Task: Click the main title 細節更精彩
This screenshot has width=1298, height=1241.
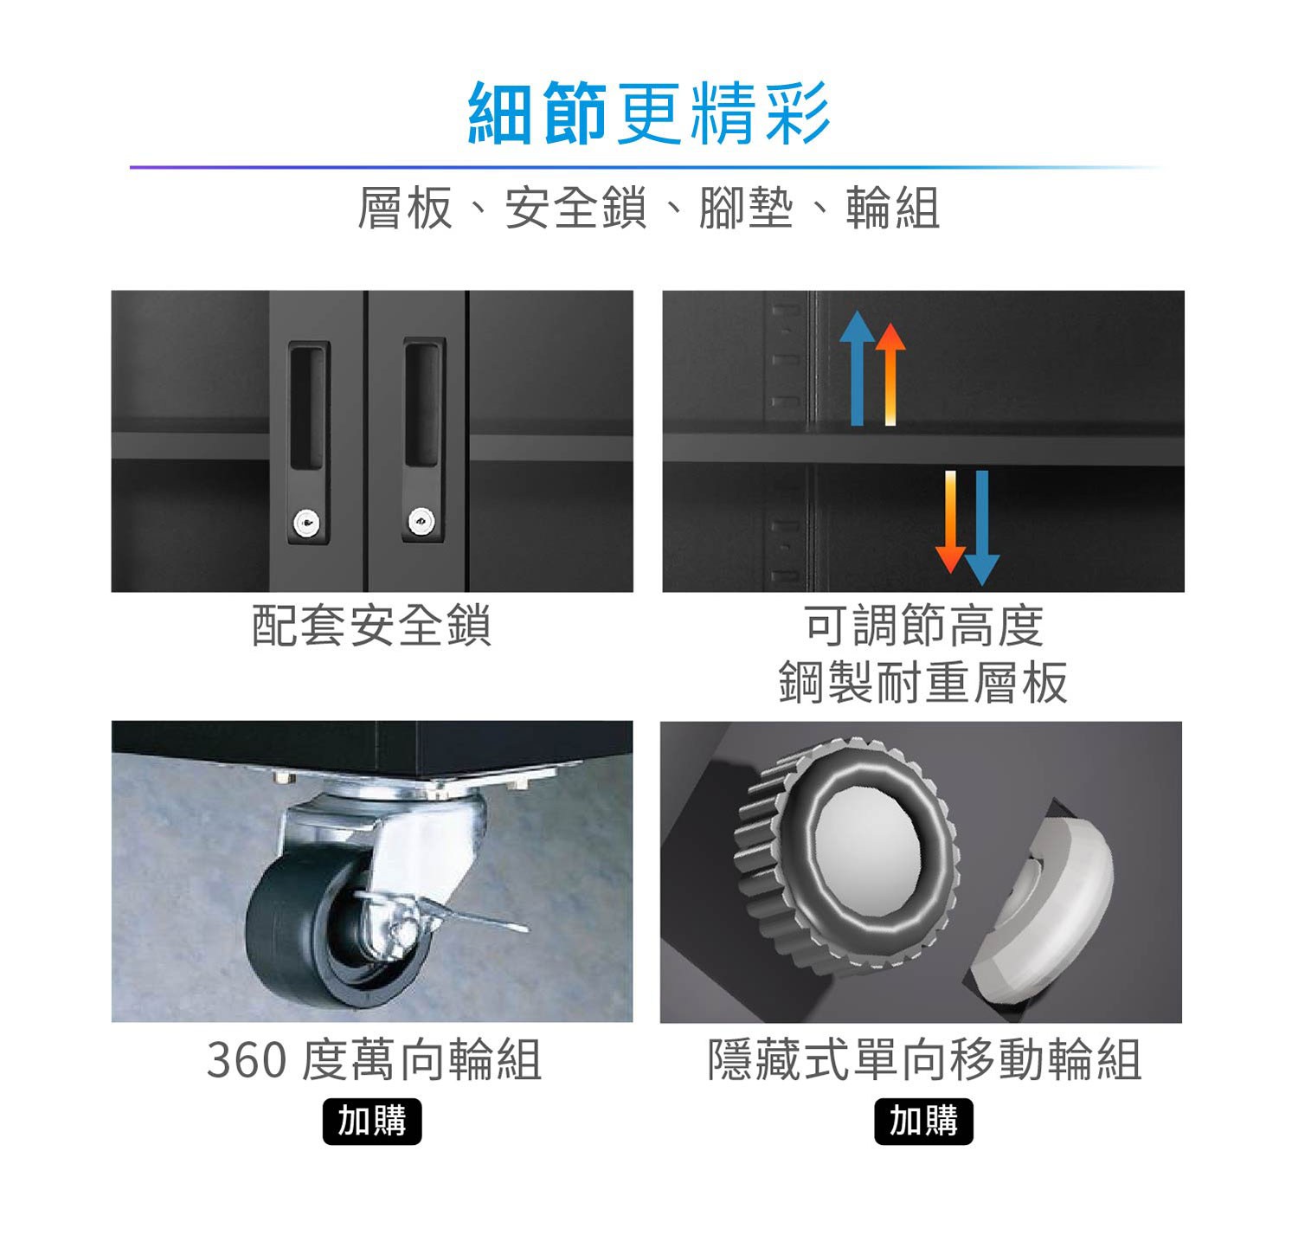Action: [649, 113]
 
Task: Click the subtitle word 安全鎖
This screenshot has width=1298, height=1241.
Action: [575, 209]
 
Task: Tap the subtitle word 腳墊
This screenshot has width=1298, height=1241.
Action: [746, 209]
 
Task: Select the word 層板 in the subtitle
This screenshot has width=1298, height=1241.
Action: [405, 209]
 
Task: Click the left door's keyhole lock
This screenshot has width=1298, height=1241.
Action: [306, 523]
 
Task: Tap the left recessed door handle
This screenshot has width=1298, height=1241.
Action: [308, 406]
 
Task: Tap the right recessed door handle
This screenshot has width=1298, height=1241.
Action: [424, 406]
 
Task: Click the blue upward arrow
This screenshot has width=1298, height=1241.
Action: [857, 369]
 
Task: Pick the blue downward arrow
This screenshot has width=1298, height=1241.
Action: [982, 528]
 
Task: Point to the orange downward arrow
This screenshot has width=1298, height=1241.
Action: [950, 522]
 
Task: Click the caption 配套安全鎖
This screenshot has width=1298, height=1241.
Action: [372, 626]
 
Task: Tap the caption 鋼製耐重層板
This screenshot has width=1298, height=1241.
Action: [923, 682]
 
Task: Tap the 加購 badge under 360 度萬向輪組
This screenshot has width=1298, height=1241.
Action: [372, 1122]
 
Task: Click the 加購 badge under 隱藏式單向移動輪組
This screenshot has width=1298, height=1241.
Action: [923, 1122]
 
